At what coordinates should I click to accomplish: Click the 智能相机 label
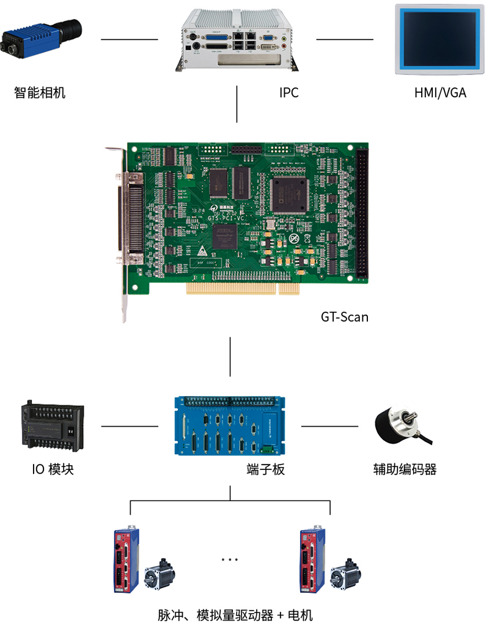click(x=40, y=93)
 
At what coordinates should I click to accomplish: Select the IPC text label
click(x=289, y=93)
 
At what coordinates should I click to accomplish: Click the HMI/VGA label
click(x=439, y=93)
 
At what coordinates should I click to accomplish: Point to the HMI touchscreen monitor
click(x=439, y=39)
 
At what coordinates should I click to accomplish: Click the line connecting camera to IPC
click(x=129, y=40)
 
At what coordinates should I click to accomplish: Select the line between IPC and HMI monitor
click(x=344, y=40)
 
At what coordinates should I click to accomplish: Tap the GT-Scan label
click(x=345, y=317)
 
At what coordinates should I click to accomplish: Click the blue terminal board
click(x=230, y=425)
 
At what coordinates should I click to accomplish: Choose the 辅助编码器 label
click(x=405, y=469)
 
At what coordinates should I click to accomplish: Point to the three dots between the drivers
click(x=230, y=559)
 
